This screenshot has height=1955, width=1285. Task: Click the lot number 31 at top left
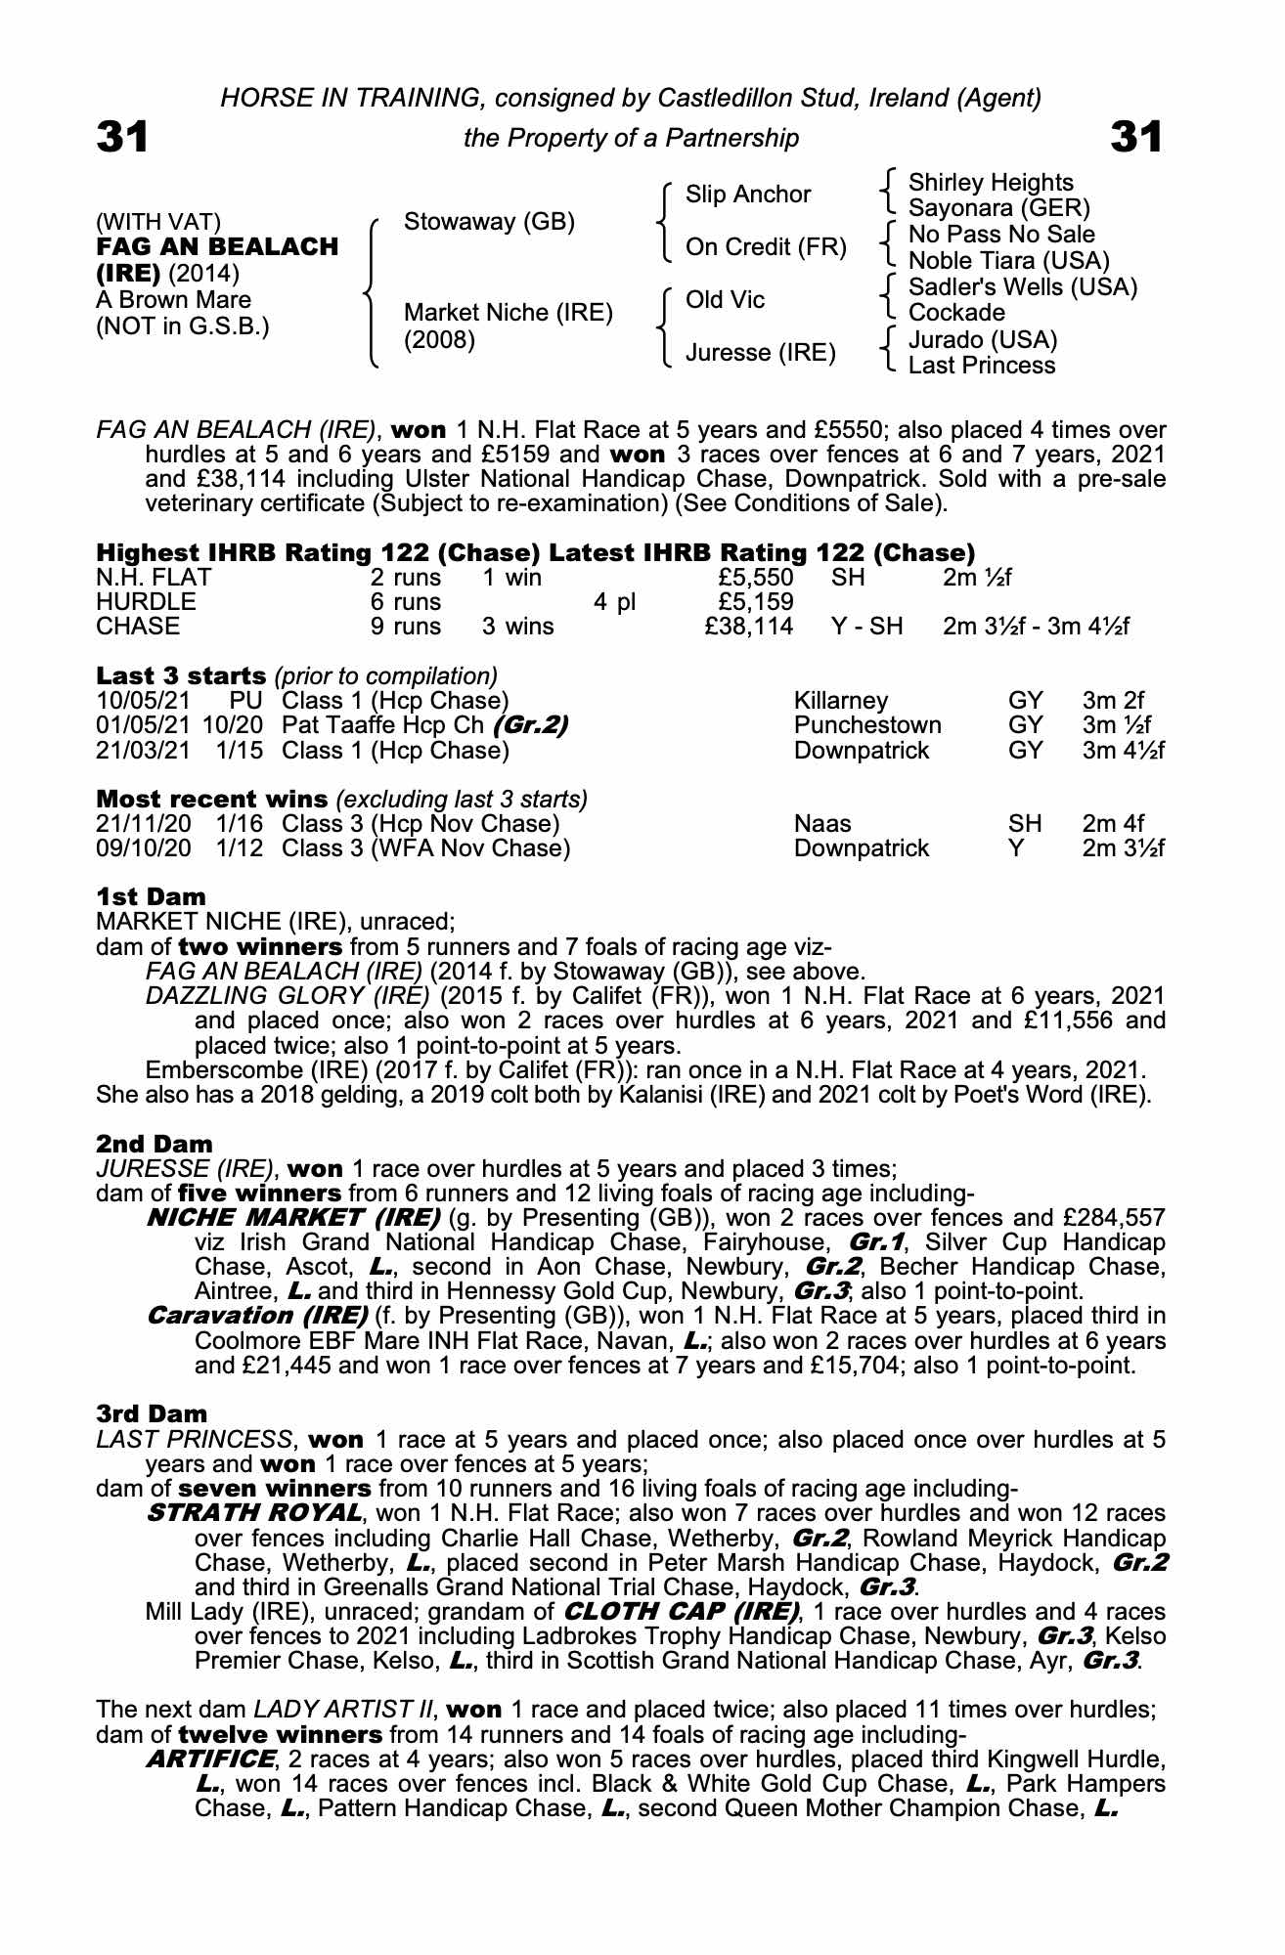tap(122, 137)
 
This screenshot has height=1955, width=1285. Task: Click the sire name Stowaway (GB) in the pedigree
tap(489, 221)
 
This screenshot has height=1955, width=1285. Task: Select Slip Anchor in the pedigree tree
tap(747, 195)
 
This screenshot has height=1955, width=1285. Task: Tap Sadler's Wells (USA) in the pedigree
tap(1022, 287)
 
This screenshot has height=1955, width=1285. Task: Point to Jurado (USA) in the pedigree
tap(982, 339)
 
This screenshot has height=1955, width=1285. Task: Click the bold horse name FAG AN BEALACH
tap(217, 246)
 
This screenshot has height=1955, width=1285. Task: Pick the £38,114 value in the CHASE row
tap(749, 626)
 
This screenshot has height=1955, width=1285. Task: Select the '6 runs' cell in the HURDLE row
tap(406, 601)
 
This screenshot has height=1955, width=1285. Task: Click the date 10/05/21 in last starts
tap(145, 701)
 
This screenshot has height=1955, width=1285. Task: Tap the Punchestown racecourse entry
tap(867, 725)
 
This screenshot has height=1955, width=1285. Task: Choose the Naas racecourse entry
tap(822, 823)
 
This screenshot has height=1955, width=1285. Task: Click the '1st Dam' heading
tap(152, 896)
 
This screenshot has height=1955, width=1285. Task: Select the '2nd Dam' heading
tap(155, 1143)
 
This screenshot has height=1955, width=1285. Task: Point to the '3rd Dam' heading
tap(152, 1413)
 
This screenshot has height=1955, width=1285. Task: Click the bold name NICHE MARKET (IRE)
tap(292, 1218)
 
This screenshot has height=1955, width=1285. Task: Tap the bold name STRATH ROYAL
tap(252, 1513)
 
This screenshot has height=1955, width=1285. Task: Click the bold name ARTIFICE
tap(209, 1759)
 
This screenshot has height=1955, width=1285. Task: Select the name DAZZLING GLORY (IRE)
tap(288, 996)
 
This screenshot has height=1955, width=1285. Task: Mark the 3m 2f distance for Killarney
tap(1113, 701)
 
